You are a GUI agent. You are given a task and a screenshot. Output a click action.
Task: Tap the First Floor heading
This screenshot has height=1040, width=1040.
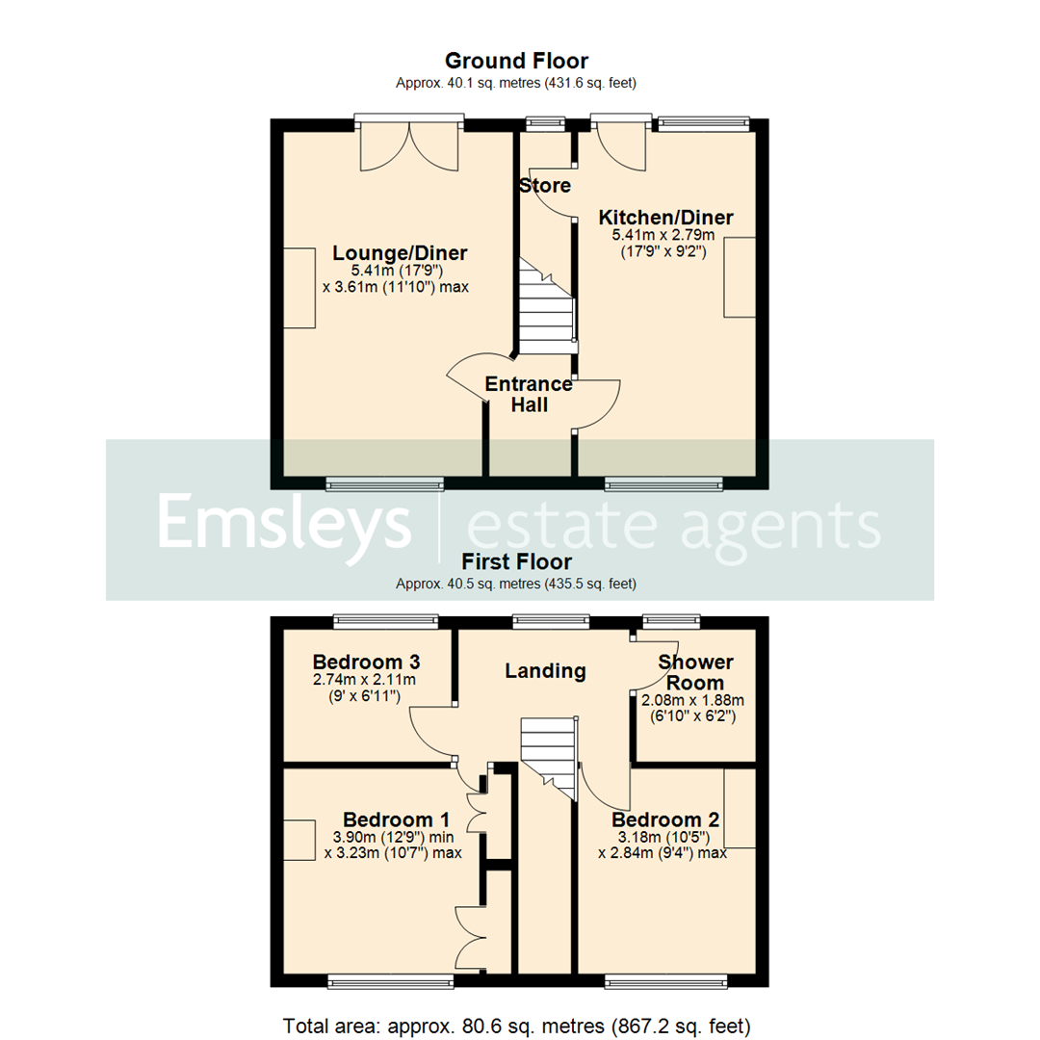pyautogui.click(x=516, y=561)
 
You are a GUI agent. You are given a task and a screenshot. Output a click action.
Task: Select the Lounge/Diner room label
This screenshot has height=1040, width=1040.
pyautogui.click(x=400, y=253)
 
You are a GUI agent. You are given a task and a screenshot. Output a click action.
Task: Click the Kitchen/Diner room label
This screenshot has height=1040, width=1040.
pyautogui.click(x=665, y=217)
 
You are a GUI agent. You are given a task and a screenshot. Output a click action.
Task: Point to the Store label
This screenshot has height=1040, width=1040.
pyautogui.click(x=545, y=185)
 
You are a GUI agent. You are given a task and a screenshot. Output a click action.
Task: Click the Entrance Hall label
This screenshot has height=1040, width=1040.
pyautogui.click(x=529, y=395)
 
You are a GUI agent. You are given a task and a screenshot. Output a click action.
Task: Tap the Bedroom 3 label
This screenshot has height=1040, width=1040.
pyautogui.click(x=367, y=663)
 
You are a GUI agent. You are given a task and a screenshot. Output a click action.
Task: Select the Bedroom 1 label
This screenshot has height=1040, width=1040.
pyautogui.click(x=397, y=819)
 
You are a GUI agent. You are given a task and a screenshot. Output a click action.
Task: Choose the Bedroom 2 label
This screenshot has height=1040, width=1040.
pyautogui.click(x=665, y=819)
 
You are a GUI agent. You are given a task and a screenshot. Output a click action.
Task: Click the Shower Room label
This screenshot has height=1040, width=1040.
pyautogui.click(x=695, y=672)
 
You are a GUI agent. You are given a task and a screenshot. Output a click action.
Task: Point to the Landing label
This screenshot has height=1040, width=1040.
pyautogui.click(x=545, y=670)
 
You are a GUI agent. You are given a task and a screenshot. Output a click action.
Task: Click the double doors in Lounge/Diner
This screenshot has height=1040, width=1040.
pyautogui.click(x=408, y=148)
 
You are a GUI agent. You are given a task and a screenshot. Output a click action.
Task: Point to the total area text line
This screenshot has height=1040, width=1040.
pyautogui.click(x=516, y=1024)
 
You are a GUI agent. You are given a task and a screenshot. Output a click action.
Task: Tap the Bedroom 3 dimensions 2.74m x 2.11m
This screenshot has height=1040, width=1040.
pyautogui.click(x=367, y=680)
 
